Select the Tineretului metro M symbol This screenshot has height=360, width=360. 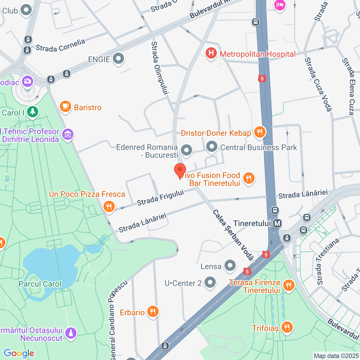pos(277,224)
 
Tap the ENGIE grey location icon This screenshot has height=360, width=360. pos(118,59)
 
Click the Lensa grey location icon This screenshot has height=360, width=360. pos(230,265)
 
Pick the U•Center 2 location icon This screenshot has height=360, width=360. pos(210,282)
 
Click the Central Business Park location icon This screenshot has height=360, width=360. pos(212,147)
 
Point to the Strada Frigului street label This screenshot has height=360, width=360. pos(160,197)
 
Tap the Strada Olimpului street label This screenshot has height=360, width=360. pos(160,68)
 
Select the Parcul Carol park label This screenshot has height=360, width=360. pos(40,284)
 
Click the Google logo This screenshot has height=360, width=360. pos(19,353)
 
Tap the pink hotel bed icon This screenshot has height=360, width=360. pos(280,5)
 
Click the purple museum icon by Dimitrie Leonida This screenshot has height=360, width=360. pos(68,135)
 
